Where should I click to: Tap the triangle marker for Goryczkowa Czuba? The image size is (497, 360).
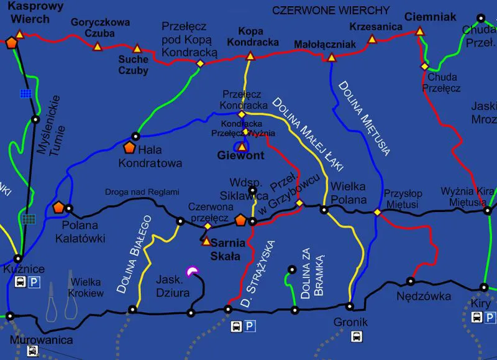(97, 47)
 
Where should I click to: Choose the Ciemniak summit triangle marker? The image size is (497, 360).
(420, 31)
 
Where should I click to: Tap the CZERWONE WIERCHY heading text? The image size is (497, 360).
(331, 11)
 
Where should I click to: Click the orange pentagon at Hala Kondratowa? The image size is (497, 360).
(129, 147)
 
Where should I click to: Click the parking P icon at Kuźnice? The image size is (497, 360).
(35, 282)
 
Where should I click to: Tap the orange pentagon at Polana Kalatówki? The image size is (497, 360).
(59, 207)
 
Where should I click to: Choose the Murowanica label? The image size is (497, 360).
(41, 340)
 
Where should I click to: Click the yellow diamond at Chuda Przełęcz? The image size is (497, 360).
(426, 66)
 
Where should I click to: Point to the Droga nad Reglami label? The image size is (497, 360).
(142, 192)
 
